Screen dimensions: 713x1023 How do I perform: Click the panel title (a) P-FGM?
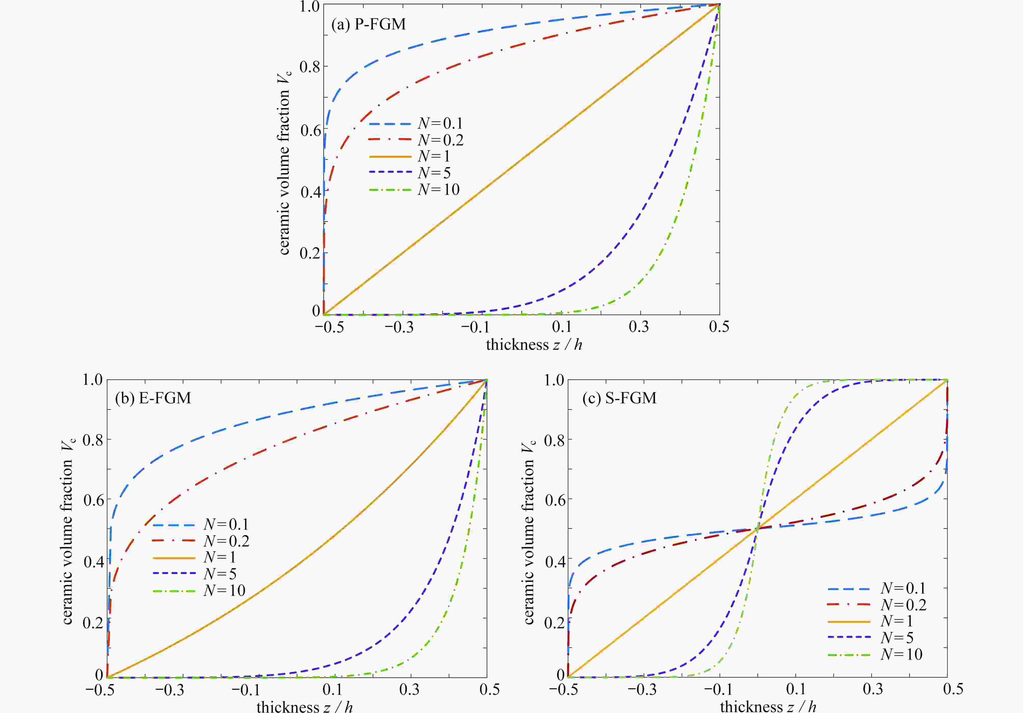[369, 24]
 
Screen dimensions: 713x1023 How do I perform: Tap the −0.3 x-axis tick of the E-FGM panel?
[169, 690]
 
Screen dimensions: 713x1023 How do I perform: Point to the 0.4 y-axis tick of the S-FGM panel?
[555, 561]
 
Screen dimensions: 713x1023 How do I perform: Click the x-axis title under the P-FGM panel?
[534, 345]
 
